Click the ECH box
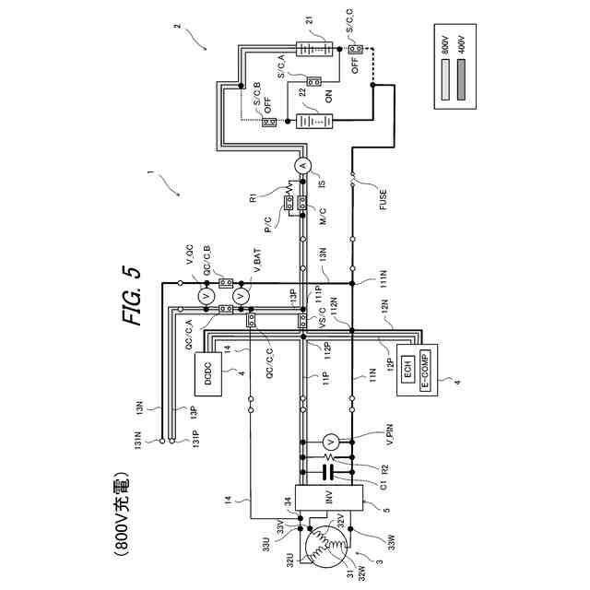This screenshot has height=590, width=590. click(406, 370)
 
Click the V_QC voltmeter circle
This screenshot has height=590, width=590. click(206, 296)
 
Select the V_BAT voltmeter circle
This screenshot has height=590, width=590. click(242, 296)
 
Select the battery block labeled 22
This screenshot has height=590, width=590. click(311, 121)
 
